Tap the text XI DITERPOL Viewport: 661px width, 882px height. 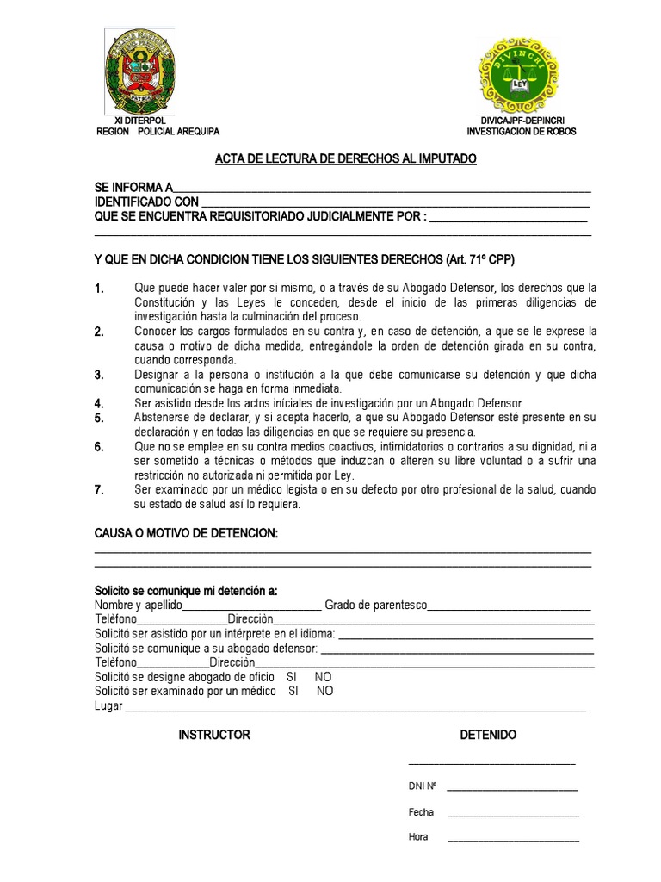(142, 120)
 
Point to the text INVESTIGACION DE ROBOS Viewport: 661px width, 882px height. (522, 132)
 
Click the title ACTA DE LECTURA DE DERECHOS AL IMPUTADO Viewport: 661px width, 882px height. (344, 159)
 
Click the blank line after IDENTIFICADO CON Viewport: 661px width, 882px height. (395, 202)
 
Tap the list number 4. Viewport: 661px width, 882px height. (99, 403)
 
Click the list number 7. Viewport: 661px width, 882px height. (99, 491)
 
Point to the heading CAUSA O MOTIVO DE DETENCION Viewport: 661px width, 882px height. (186, 535)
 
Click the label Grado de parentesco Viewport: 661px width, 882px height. (375, 606)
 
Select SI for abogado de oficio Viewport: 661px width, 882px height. (292, 677)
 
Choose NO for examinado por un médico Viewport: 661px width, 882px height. (324, 691)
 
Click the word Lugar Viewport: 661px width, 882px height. (108, 706)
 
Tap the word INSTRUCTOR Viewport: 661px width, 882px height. (214, 735)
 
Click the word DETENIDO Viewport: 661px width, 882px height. (488, 735)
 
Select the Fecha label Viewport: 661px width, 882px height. (421, 812)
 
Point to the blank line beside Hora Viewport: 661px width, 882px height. (513, 838)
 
